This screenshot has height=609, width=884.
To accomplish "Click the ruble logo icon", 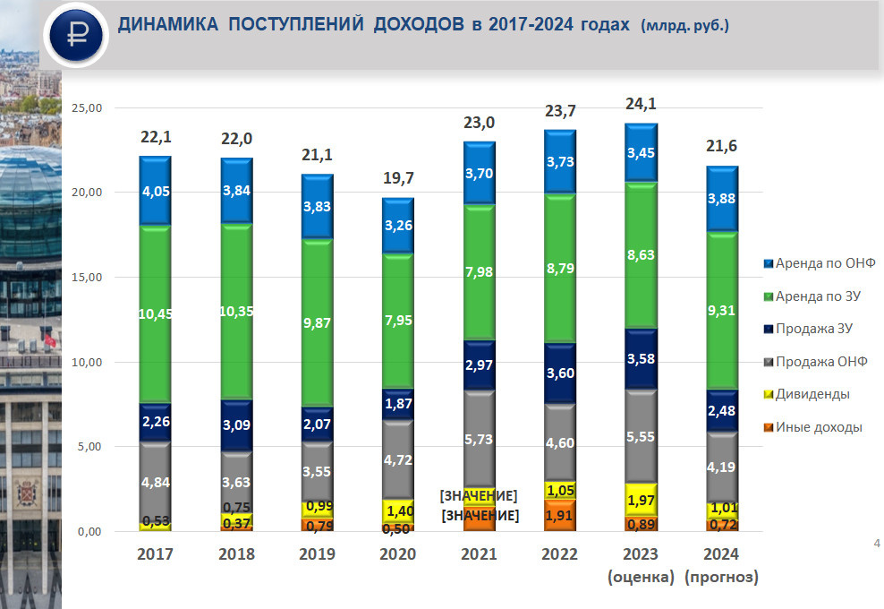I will pyautogui.click(x=76, y=35).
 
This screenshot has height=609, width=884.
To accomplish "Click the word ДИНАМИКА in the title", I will pyautogui.click(x=168, y=25).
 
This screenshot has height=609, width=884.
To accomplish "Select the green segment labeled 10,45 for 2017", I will pyautogui.click(x=155, y=313).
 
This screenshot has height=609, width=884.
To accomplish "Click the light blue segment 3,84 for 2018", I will pyautogui.click(x=236, y=191).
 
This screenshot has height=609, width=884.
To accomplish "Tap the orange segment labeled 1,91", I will pyautogui.click(x=560, y=515).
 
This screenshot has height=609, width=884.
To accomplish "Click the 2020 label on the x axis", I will pyautogui.click(x=398, y=554).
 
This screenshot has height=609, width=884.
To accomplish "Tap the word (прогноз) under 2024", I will pyautogui.click(x=721, y=578).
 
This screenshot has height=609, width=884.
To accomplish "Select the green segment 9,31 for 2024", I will pyautogui.click(x=721, y=311).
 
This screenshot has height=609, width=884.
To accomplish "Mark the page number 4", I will pyautogui.click(x=876, y=543).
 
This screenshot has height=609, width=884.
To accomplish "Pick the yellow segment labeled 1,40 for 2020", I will pyautogui.click(x=398, y=510).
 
